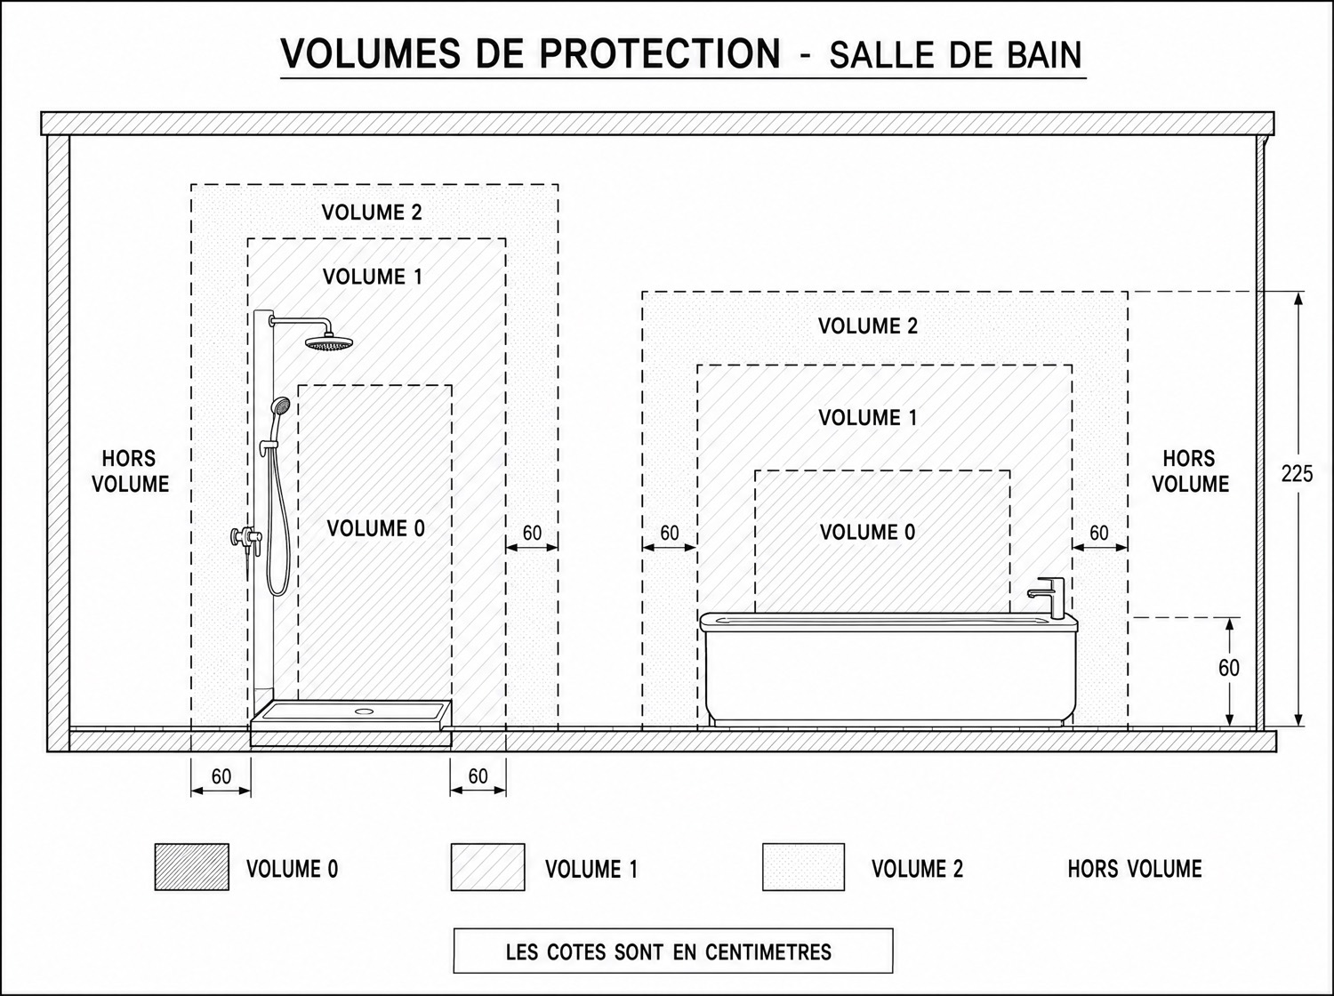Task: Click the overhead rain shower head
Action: tap(330, 342)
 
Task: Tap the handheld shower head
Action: tap(279, 406)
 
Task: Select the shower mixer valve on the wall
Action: tap(246, 538)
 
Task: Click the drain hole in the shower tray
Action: tap(365, 710)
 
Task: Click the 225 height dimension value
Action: tap(1297, 473)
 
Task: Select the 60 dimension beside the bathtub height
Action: tap(1229, 668)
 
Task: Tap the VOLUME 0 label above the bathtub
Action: tap(867, 533)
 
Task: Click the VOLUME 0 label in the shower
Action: tap(375, 528)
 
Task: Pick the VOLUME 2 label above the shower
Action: tap(372, 212)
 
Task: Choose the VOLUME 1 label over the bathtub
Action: tap(867, 417)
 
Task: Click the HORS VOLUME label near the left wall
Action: tap(130, 471)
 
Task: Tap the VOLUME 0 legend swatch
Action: tap(192, 866)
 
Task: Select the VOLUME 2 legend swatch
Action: tap(803, 866)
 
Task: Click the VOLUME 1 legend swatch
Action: tap(488, 866)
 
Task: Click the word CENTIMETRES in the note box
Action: tap(768, 952)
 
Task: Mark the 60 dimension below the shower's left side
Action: tap(221, 776)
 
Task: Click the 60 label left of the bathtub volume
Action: tap(669, 533)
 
